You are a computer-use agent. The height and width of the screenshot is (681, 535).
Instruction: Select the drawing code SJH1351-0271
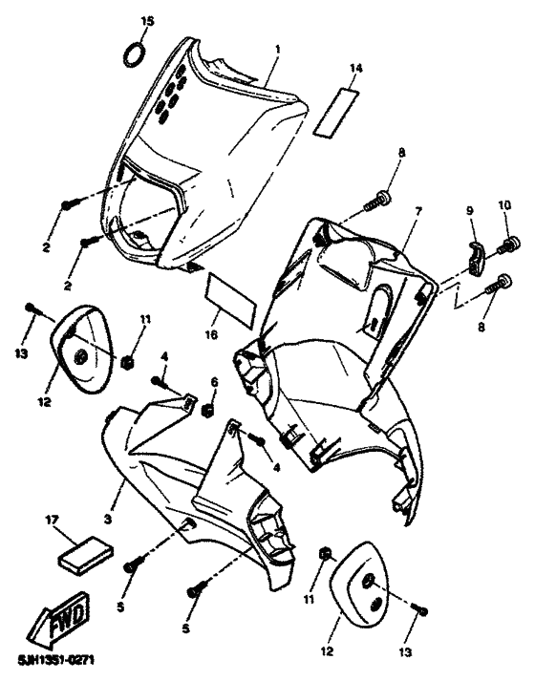pyautogui.click(x=55, y=660)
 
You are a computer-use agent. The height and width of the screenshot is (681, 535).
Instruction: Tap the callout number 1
pyautogui.click(x=278, y=48)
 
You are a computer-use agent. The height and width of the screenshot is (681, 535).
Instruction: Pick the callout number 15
pyautogui.click(x=146, y=20)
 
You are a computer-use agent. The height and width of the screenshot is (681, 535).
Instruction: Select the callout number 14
pyautogui.click(x=355, y=68)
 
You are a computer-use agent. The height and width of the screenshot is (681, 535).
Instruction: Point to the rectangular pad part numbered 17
pyautogui.click(x=85, y=555)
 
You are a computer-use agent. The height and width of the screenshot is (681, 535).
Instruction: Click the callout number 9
pyautogui.click(x=469, y=211)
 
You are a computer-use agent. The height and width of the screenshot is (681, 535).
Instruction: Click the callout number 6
pyautogui.click(x=213, y=381)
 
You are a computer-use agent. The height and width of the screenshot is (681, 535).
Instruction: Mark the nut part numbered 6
pyautogui.click(x=205, y=411)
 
